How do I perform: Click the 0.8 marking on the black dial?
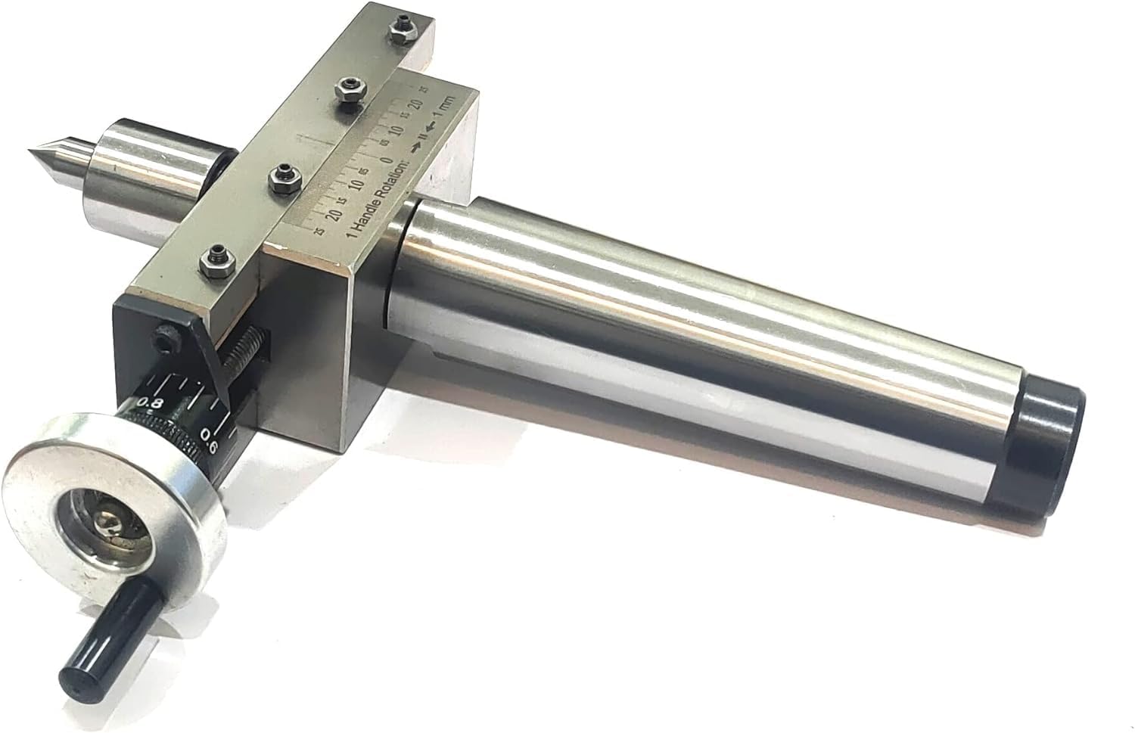(x=152, y=402)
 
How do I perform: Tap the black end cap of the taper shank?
(x=1047, y=454)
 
